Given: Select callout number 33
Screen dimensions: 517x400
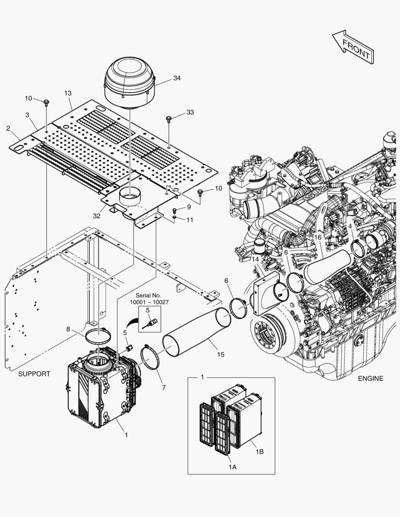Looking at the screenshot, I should coord(190,112).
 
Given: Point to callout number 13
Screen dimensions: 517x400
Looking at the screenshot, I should coord(68,93).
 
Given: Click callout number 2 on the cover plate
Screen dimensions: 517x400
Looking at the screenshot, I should coord(8,128).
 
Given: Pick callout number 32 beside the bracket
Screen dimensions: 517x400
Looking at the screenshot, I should coord(97,216).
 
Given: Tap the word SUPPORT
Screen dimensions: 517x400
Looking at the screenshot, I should coord(34,374).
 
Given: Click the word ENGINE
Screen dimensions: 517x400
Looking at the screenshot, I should coord(370,378).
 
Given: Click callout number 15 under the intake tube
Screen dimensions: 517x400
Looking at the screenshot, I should coord(220,354).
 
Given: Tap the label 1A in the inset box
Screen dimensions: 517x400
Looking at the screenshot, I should coord(232,467).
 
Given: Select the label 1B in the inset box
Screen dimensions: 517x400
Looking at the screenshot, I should coord(259,451).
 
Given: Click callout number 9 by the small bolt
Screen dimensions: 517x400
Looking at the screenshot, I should coord(189,207).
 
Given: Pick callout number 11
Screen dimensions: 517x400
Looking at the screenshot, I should coord(190,220).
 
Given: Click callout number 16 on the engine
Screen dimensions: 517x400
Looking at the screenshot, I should coord(318,237).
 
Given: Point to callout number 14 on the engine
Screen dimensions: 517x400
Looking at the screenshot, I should coord(255,259).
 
